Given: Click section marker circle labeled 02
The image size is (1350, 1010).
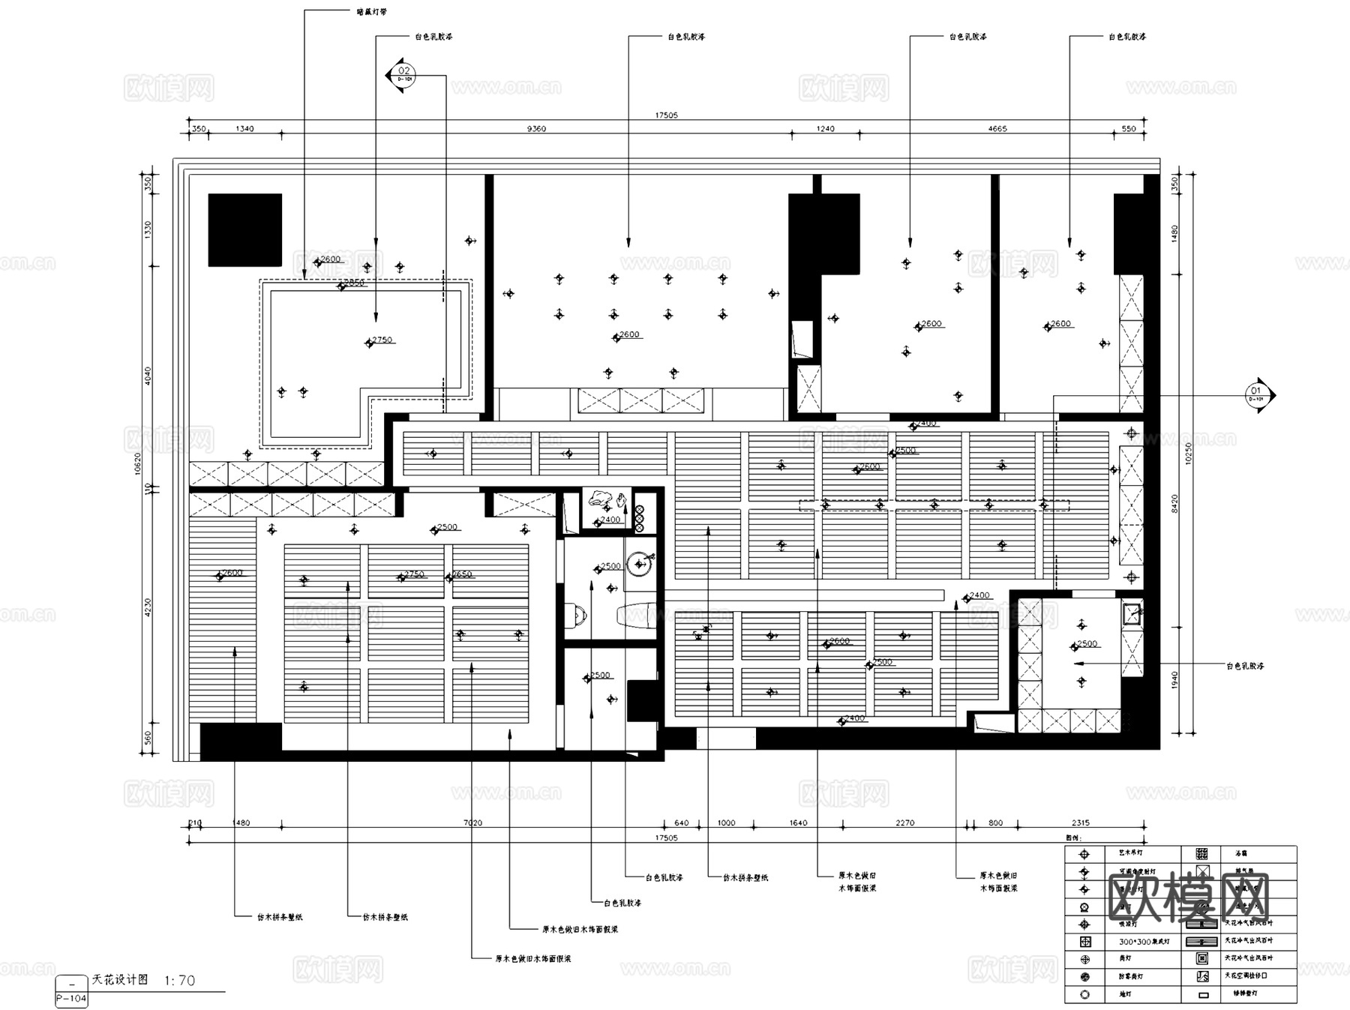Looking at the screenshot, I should (403, 74).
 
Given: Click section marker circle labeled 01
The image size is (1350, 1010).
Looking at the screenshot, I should (1255, 394).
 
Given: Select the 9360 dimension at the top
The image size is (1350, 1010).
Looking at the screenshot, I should (536, 129).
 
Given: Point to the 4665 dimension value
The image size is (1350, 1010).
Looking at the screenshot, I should (997, 129).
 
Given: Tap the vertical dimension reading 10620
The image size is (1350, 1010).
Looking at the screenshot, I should (137, 463).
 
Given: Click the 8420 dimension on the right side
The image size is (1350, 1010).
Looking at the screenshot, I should (1174, 503).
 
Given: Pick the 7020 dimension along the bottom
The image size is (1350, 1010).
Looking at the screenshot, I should (472, 823).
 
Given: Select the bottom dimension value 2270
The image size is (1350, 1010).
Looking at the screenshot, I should (904, 823).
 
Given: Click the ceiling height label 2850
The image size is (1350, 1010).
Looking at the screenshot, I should (353, 283).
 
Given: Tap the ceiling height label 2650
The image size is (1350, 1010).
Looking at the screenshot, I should (461, 574).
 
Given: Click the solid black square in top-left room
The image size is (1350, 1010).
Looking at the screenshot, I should (244, 230).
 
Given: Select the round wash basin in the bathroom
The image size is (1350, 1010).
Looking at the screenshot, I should (640, 564).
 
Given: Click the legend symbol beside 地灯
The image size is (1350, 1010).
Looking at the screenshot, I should (1084, 995).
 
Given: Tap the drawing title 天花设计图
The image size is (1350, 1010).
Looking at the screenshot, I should (120, 980).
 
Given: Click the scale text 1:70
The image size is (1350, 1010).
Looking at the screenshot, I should (179, 981).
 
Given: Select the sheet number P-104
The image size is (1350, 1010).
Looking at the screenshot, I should (71, 999).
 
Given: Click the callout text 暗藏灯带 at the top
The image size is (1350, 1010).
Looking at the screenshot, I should (371, 12).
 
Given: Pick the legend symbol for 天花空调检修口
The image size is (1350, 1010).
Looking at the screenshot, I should (1202, 976).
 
